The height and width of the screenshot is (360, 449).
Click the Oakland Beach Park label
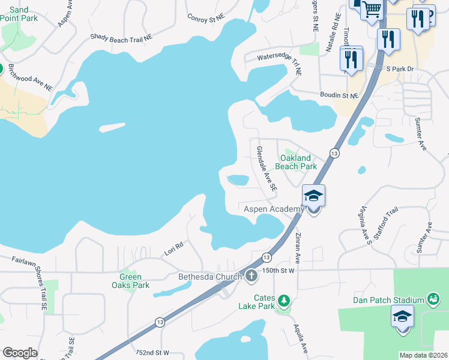297,162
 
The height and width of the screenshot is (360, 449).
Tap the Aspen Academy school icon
313,196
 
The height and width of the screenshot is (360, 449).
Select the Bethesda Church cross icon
251,276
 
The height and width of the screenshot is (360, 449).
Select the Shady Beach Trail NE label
121,37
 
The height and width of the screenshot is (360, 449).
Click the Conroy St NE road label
205,18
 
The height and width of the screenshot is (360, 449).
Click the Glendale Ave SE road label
267,169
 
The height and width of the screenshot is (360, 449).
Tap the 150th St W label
279,271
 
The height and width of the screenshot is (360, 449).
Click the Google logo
20,353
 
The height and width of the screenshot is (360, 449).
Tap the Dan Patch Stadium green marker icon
432,298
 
